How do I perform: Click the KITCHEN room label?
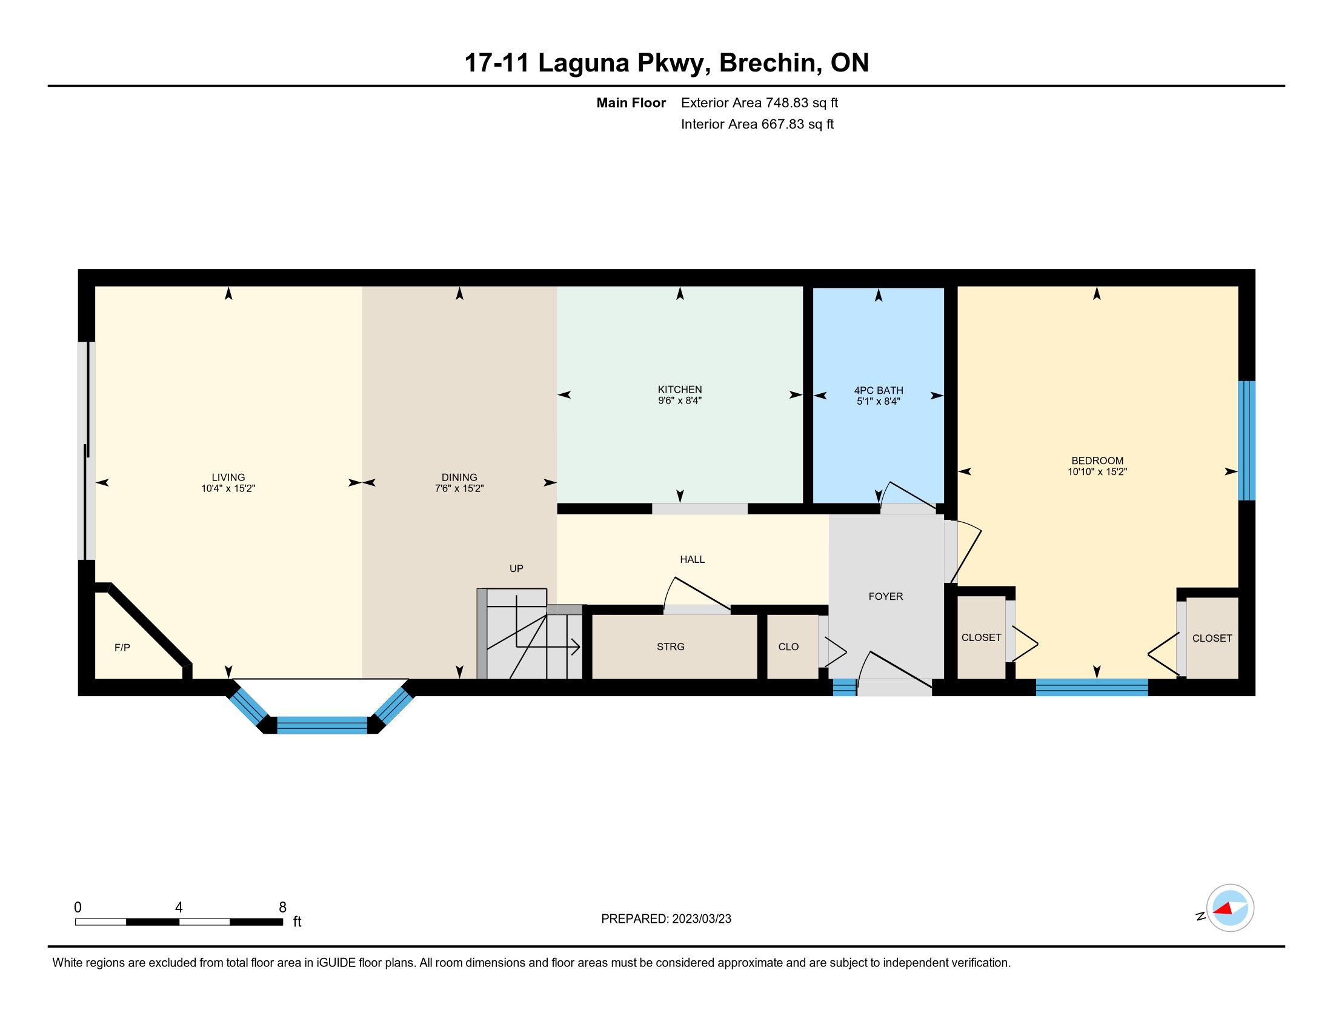pyautogui.click(x=679, y=390)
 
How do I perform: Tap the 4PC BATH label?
pyautogui.click(x=879, y=391)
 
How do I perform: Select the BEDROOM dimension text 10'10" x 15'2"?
pyautogui.click(x=1097, y=471)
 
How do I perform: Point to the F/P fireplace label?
pyautogui.click(x=122, y=648)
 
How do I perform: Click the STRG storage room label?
pyautogui.click(x=670, y=647)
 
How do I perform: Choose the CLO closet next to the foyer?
pyautogui.click(x=788, y=647)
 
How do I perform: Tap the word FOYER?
pyautogui.click(x=886, y=596)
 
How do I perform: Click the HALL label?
pyautogui.click(x=692, y=559)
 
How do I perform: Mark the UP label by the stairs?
pyautogui.click(x=516, y=568)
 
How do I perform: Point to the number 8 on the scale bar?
pyautogui.click(x=282, y=908)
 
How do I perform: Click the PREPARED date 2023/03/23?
pyautogui.click(x=701, y=919)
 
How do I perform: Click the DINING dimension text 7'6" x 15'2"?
pyautogui.click(x=459, y=488)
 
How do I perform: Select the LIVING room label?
pyautogui.click(x=228, y=477)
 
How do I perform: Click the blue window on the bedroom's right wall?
pyautogui.click(x=1246, y=440)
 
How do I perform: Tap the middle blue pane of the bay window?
pyautogui.click(x=322, y=725)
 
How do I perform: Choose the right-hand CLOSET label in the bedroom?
pyautogui.click(x=1212, y=637)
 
